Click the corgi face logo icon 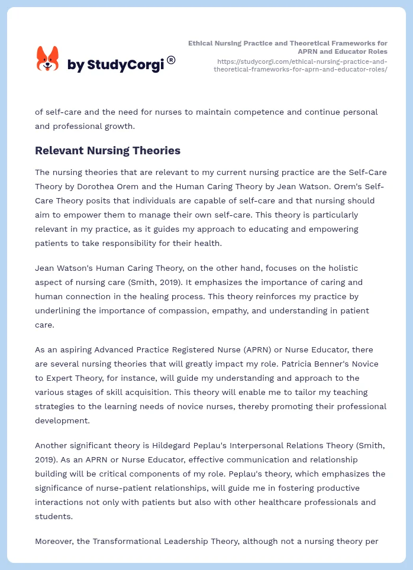[48, 59]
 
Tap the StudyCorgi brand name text [115, 65]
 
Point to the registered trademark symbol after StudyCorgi [171, 60]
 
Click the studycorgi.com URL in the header [302, 65]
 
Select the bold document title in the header [288, 47]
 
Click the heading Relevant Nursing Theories [108, 151]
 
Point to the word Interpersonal [256, 446]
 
